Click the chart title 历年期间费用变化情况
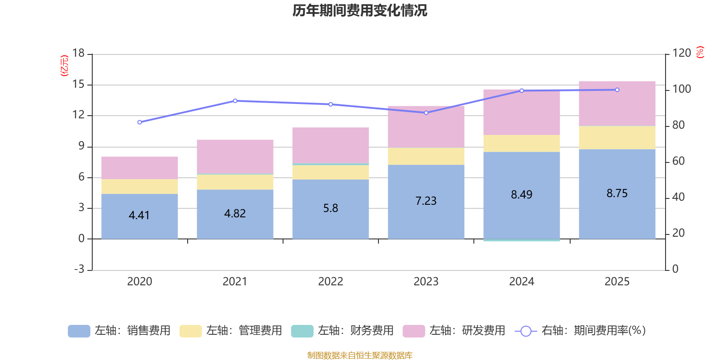(x=360, y=10)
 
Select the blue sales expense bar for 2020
(x=139, y=216)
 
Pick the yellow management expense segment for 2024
(x=522, y=143)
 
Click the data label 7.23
(x=426, y=201)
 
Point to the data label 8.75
(x=617, y=193)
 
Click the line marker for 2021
(x=235, y=101)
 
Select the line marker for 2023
(x=426, y=112)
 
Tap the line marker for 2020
(x=139, y=122)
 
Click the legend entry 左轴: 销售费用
(x=119, y=331)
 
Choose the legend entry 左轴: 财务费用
(x=342, y=331)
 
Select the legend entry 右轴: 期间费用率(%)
(x=580, y=331)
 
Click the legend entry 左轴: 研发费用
(x=454, y=331)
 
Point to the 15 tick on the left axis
(x=79, y=84)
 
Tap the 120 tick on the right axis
(x=681, y=53)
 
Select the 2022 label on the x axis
(x=330, y=281)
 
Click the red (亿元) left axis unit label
(x=64, y=66)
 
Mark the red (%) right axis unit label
(x=700, y=52)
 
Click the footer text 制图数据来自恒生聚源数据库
(x=360, y=355)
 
